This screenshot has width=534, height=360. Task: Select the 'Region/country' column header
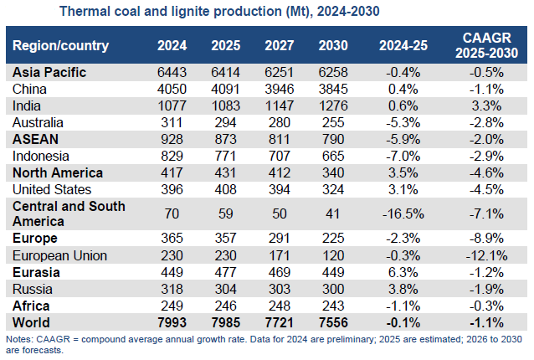click(56, 44)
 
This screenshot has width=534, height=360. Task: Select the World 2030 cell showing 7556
click(335, 322)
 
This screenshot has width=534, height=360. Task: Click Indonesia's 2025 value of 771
click(225, 156)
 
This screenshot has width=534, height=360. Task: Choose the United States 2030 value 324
click(335, 189)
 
